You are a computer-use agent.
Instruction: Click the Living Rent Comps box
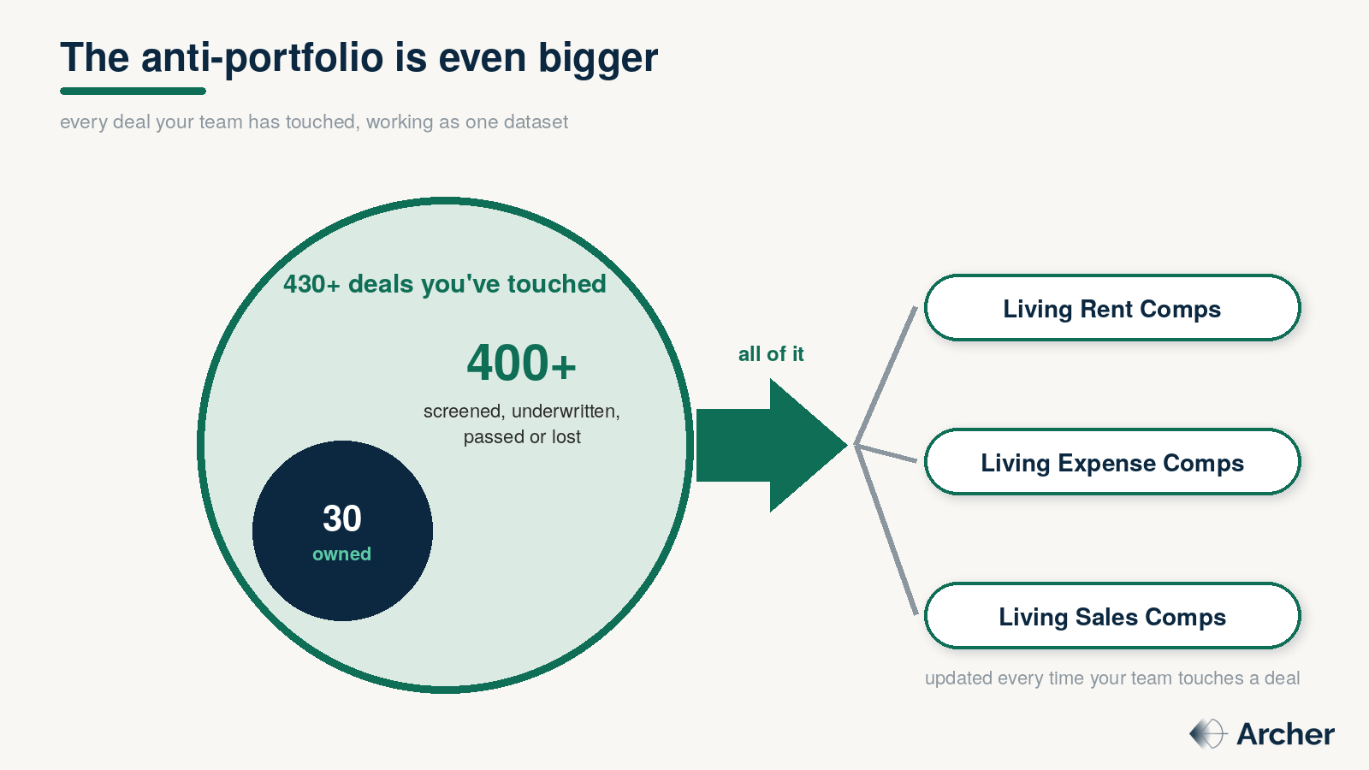point(1112,307)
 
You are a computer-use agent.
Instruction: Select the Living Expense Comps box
point(1112,461)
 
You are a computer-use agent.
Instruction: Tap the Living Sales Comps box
point(1112,615)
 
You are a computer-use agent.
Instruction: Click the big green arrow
point(771,446)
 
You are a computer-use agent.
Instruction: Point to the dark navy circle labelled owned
point(342,530)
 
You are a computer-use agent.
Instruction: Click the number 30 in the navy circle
point(342,518)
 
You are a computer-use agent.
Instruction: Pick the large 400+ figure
point(521,363)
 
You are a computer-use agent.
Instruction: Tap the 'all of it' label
point(771,354)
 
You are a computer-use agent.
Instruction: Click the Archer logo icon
point(1207,733)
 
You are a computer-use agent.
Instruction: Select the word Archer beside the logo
point(1285,734)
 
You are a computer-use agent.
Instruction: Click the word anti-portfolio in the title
point(262,58)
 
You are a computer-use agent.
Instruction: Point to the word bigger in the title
point(598,59)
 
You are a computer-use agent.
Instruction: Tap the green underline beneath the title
point(133,91)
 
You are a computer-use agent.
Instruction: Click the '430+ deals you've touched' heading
point(445,284)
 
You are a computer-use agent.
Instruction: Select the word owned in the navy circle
point(341,554)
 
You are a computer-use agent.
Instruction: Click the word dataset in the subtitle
point(536,121)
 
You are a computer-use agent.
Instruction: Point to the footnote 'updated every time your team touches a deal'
point(1112,678)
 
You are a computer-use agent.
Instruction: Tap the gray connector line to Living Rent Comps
point(886,376)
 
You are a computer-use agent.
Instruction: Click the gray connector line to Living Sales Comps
point(886,530)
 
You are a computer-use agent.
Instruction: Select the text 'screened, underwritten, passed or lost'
point(521,423)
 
